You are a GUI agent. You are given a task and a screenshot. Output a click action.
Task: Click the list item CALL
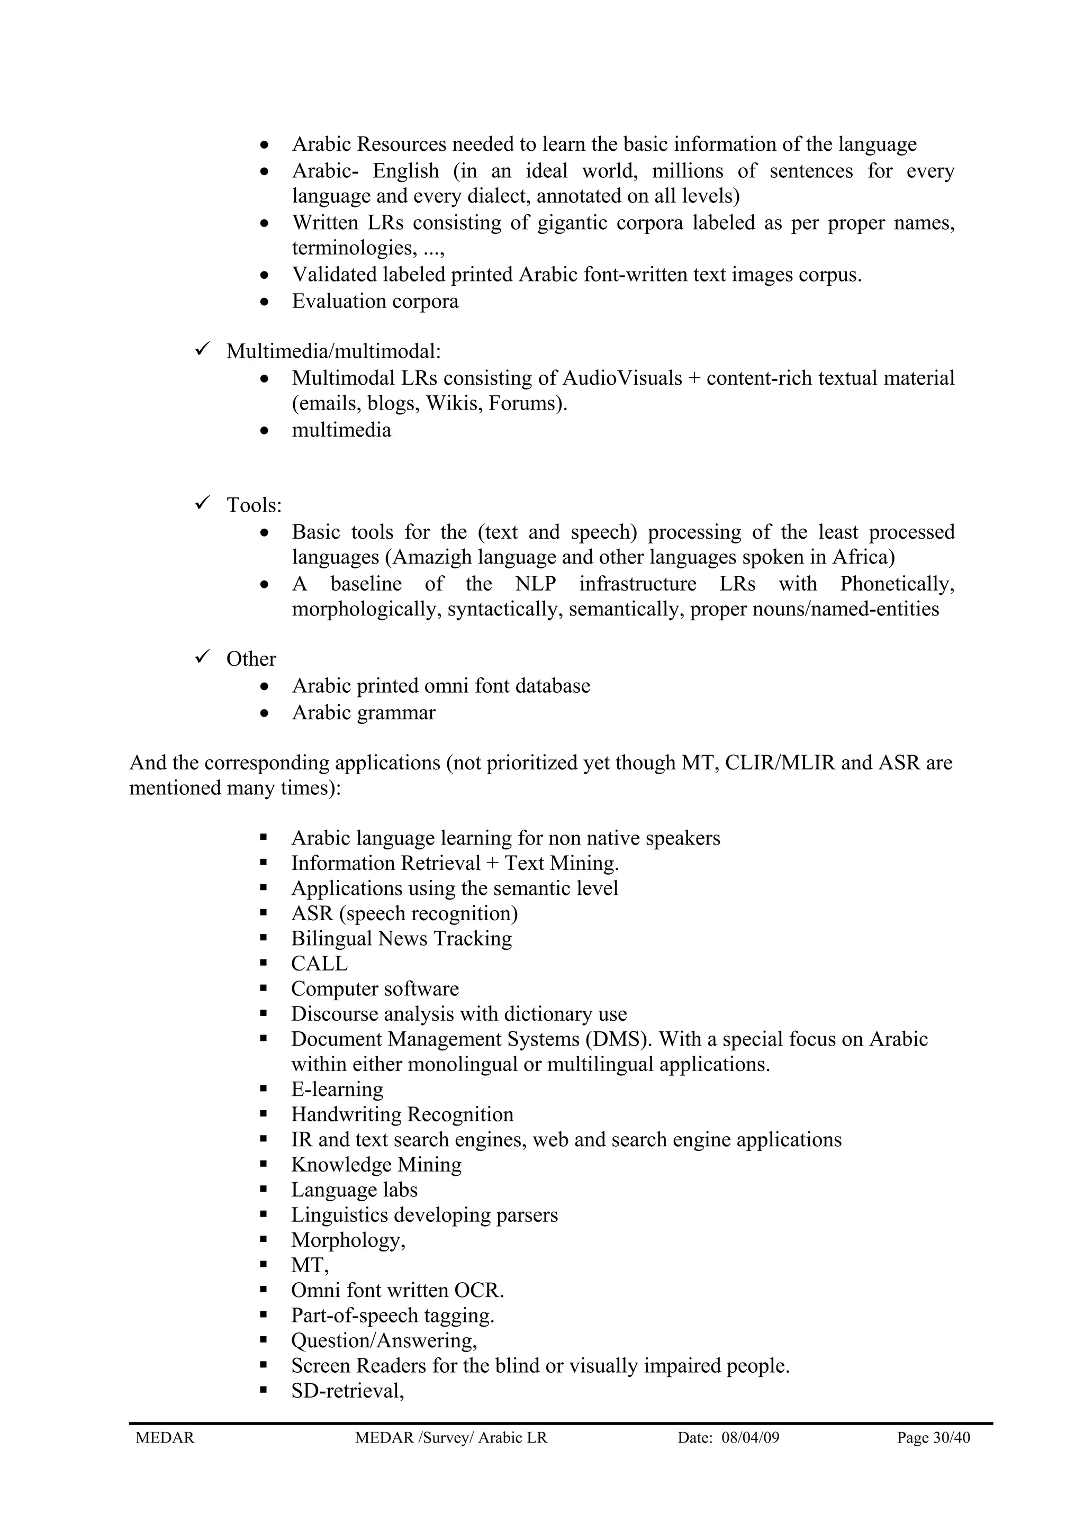coord(319,964)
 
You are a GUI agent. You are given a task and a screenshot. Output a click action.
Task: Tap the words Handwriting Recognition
coord(402,1114)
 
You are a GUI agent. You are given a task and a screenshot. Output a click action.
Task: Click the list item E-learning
coord(337,1089)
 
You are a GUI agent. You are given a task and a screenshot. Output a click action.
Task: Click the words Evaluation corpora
coord(375,301)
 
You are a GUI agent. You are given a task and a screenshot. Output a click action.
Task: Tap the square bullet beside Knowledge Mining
coord(264,1165)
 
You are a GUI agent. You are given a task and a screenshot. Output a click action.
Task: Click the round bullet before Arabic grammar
coord(266,714)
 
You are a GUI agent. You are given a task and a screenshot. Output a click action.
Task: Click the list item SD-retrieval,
coord(347,1390)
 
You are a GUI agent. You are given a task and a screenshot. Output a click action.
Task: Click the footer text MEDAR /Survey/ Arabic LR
coord(451,1438)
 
